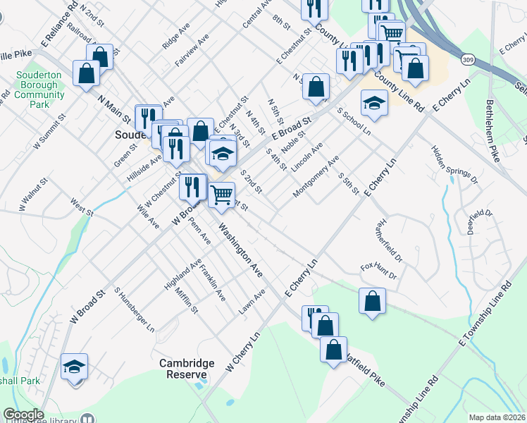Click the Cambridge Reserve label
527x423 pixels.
coord(186,368)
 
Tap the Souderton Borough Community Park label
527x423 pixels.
coord(39,90)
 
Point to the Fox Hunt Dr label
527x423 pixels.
coord(378,271)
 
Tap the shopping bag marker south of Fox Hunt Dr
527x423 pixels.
coord(372,300)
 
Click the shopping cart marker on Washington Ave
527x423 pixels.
coord(221,195)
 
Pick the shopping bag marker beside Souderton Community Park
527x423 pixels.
coord(85,73)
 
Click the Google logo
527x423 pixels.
coord(23,415)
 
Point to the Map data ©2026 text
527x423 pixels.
coord(496,417)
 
